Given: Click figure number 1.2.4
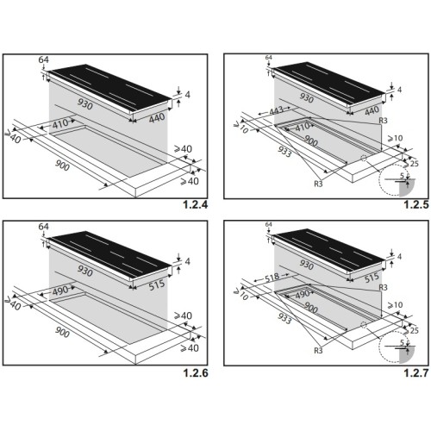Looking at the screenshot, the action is pyautogui.click(x=195, y=204).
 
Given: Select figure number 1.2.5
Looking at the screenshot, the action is pyautogui.click(x=416, y=204).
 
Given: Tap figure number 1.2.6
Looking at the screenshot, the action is pyautogui.click(x=195, y=372).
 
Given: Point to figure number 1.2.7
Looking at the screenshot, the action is pyautogui.click(x=416, y=372).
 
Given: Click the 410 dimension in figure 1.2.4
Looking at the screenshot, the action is pyautogui.click(x=60, y=123).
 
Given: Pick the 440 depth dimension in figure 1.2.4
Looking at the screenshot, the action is pyautogui.click(x=157, y=118).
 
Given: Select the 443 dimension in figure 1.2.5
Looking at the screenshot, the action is pyautogui.click(x=276, y=110).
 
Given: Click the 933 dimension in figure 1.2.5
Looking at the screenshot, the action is pyautogui.click(x=284, y=152).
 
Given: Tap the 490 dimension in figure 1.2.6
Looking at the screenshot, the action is pyautogui.click(x=60, y=290).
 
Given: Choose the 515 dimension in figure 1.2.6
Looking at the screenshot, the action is pyautogui.click(x=157, y=284).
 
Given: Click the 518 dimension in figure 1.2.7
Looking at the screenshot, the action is pyautogui.click(x=272, y=278).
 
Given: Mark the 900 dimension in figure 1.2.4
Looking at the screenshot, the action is pyautogui.click(x=62, y=166).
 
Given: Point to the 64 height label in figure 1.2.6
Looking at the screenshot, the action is pyautogui.click(x=43, y=227).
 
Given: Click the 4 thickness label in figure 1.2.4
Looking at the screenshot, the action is pyautogui.click(x=188, y=95).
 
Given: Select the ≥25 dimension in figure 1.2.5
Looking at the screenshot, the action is pyautogui.click(x=411, y=164).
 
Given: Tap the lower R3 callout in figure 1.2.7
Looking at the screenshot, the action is pyautogui.click(x=318, y=350).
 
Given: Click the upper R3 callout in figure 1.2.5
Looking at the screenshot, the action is pyautogui.click(x=383, y=121).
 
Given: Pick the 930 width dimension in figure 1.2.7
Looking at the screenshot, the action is pyautogui.click(x=306, y=265).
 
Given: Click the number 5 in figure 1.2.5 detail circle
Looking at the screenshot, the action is pyautogui.click(x=402, y=176).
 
